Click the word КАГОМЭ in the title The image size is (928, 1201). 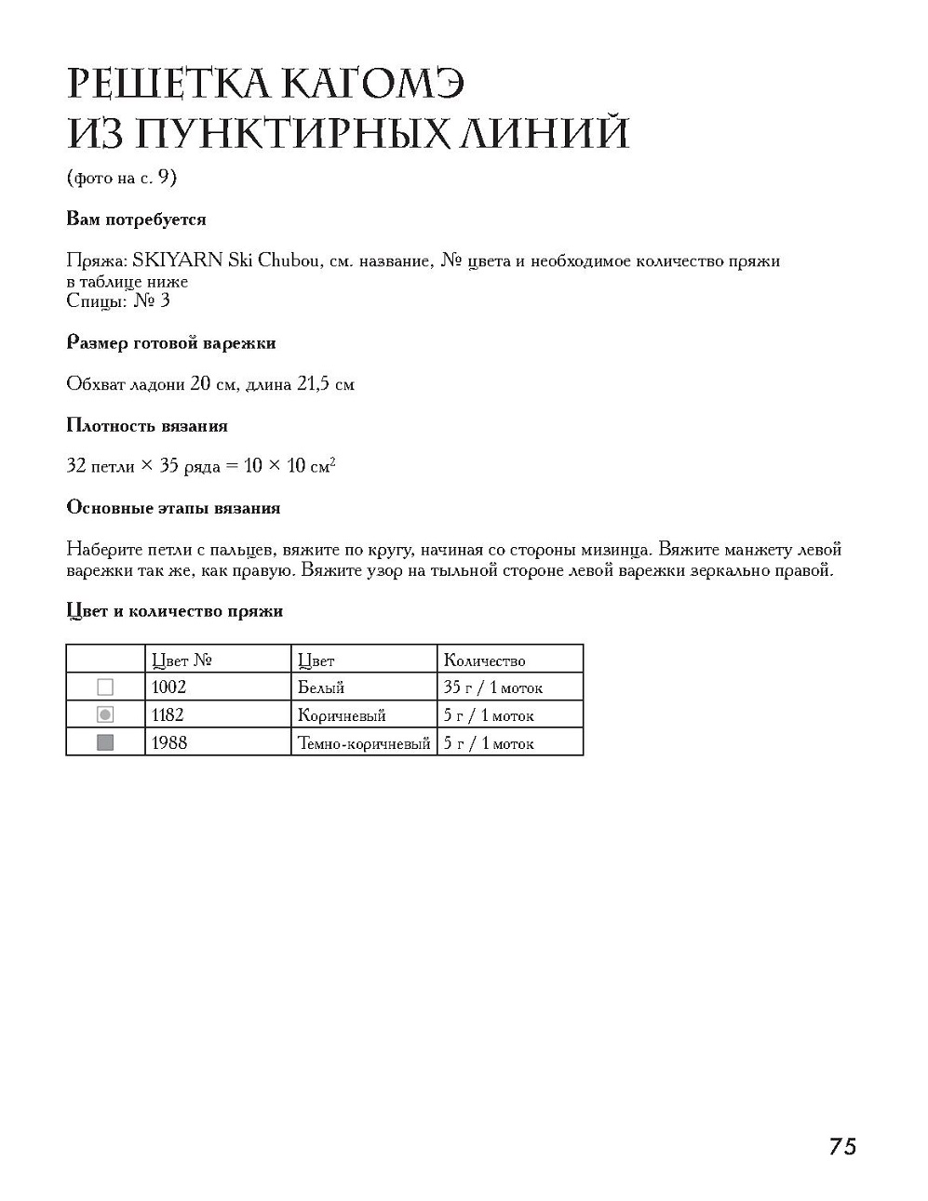coord(371,84)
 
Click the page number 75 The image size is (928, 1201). coord(841,1146)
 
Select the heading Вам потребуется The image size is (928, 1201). coord(136,220)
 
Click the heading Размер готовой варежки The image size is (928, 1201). coord(171,343)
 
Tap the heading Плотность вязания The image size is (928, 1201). coord(147,426)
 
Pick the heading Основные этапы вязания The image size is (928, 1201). coord(173,508)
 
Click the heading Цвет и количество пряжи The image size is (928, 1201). coord(175,611)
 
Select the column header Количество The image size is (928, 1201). coord(484,661)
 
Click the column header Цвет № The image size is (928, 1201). coord(182,661)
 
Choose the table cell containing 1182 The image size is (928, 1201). coord(168,715)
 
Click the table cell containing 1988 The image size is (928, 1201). coord(168,743)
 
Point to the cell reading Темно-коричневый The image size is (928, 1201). coord(364,743)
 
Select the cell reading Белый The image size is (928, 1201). coord(321,687)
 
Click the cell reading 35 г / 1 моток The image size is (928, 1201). coord(492,687)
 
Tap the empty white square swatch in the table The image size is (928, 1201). coord(105,687)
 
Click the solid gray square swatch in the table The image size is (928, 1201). coord(105,742)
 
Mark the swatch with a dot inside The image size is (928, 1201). coord(105,715)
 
